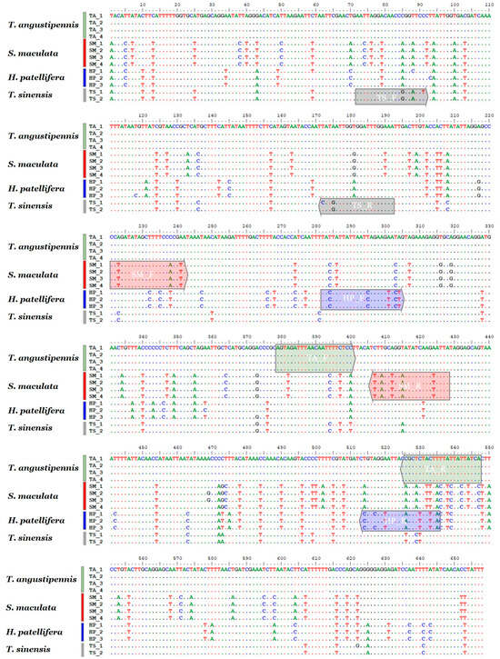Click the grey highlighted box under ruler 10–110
click(389, 95)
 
